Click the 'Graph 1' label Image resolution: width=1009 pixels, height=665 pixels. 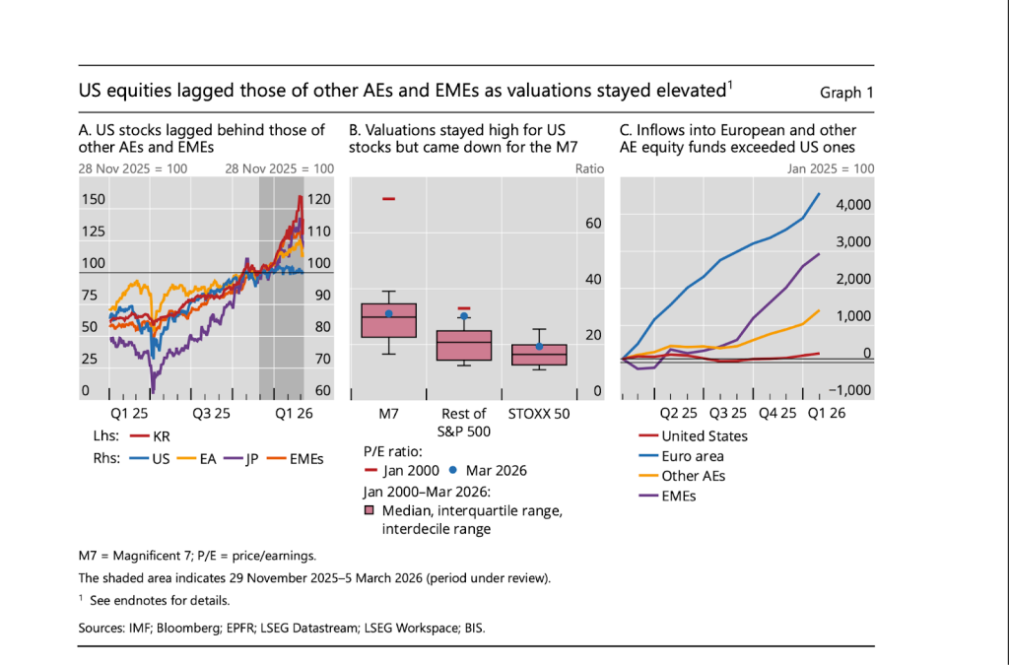[x=846, y=93]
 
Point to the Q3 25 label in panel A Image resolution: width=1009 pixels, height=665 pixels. [x=211, y=413]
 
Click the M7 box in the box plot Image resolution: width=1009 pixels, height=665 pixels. [x=388, y=320]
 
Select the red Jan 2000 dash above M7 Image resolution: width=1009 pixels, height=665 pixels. [x=388, y=199]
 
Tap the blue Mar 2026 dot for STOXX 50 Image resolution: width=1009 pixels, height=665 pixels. [x=539, y=346]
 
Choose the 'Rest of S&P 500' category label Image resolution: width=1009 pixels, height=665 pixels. [x=463, y=422]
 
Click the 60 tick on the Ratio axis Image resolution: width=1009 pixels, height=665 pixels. [x=593, y=224]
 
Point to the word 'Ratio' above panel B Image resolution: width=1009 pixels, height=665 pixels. [x=588, y=168]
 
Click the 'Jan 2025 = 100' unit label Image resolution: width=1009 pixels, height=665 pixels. [x=831, y=168]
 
